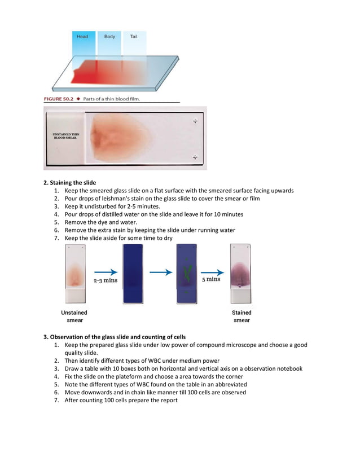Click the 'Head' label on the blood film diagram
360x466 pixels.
click(x=82, y=37)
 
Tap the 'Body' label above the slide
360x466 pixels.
click(x=109, y=37)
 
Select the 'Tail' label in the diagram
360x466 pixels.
click(x=134, y=37)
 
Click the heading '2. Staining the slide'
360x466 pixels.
click(x=70, y=183)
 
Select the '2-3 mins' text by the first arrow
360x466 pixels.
click(x=106, y=280)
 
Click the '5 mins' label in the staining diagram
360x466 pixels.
click(x=211, y=279)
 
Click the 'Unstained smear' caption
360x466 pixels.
click(x=74, y=316)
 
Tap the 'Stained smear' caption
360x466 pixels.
click(x=242, y=316)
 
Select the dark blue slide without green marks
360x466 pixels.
click(x=133, y=274)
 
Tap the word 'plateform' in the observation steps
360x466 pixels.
click(x=132, y=376)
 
